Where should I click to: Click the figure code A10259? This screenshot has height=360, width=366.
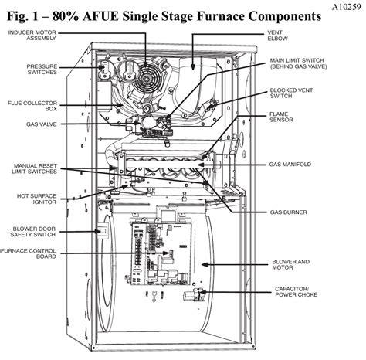346,7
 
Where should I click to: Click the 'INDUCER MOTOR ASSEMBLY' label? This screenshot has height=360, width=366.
32,36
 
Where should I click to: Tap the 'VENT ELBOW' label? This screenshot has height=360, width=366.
277,36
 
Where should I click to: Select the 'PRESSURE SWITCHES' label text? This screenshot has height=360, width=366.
42,70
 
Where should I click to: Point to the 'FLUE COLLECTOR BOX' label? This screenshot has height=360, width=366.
32,106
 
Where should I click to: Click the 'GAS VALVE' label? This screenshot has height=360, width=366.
42,124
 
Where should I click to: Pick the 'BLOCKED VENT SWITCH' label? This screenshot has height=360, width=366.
291,93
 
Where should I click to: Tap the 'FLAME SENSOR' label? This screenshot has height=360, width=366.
281,117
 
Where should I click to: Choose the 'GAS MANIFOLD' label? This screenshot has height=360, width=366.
290,165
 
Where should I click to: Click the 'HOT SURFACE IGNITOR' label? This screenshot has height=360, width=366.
36,199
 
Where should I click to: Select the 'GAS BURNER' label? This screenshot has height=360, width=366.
288,212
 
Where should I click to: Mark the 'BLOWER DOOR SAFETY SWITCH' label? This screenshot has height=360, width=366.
33,232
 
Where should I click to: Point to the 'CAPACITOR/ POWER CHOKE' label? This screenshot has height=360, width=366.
296,292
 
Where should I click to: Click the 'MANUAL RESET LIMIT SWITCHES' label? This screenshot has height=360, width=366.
34,168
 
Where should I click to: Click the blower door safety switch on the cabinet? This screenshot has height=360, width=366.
103,231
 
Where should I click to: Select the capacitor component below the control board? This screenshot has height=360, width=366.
194,294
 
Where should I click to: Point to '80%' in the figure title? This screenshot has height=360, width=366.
66,16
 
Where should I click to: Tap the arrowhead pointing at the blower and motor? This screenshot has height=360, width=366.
204,264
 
